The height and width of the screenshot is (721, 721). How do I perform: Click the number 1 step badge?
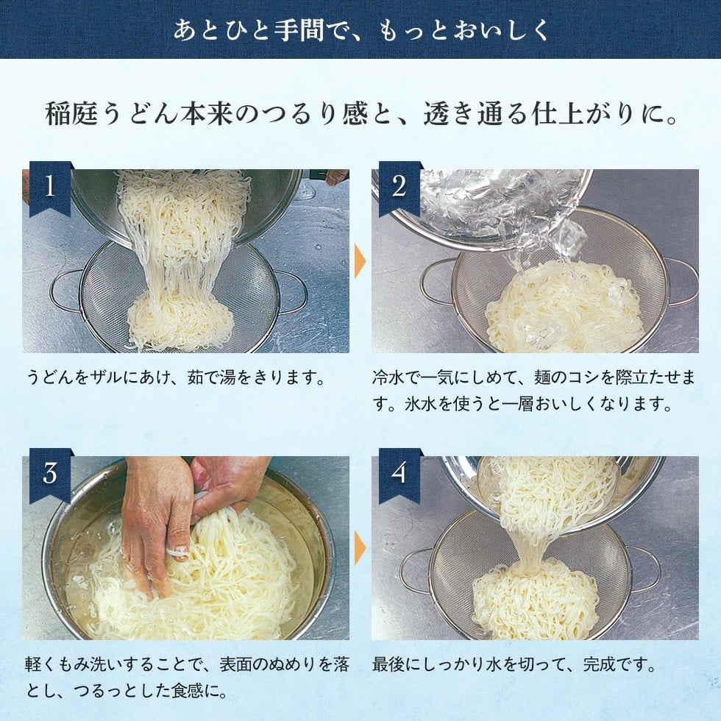[x=49, y=187]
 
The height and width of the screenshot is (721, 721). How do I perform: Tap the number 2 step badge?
[x=399, y=187]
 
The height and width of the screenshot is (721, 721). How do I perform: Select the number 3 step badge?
[x=49, y=474]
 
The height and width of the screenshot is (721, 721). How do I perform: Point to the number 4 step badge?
[x=399, y=474]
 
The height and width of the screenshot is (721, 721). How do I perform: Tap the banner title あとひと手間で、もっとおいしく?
[x=360, y=29]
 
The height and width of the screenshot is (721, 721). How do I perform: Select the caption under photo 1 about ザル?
[x=177, y=378]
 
